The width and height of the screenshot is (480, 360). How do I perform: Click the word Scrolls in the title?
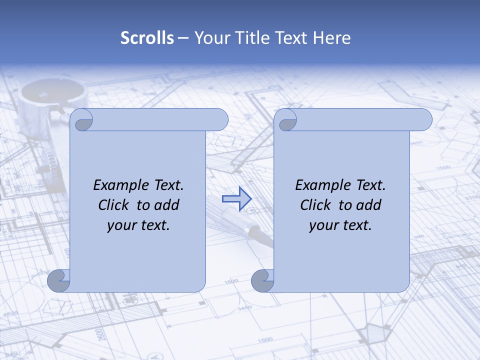[x=147, y=38]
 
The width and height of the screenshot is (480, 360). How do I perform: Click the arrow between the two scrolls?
[x=236, y=199]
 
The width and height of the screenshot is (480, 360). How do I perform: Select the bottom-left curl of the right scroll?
[x=262, y=281]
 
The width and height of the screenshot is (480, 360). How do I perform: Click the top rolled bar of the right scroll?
[x=360, y=120]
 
